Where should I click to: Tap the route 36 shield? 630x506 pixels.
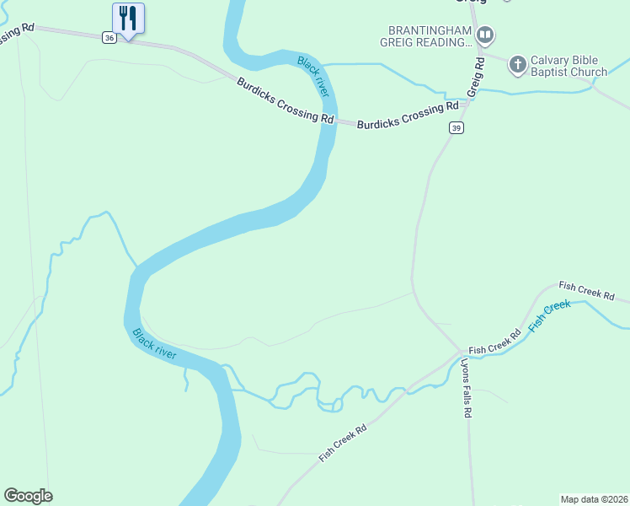tap(109, 38)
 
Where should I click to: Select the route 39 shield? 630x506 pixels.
tap(456, 127)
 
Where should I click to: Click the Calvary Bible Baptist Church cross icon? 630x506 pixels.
tap(518, 63)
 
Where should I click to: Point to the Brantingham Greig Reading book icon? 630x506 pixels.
tap(484, 35)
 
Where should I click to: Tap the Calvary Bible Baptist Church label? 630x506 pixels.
tap(569, 67)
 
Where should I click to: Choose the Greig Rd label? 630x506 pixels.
tap(475, 78)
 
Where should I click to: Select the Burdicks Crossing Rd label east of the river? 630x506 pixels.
tap(408, 116)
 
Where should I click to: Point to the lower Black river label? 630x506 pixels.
tap(154, 343)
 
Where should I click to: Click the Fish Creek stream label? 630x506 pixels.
tap(549, 315)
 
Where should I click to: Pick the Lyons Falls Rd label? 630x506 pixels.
tap(466, 389)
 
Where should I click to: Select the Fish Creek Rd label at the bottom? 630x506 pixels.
tap(343, 443)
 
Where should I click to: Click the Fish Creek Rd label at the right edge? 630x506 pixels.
tap(587, 291)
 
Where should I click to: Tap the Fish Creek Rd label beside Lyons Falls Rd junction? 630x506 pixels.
tap(495, 341)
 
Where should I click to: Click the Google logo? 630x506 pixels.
tap(28, 496)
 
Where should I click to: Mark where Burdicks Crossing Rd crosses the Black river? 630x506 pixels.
tap(323, 119)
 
